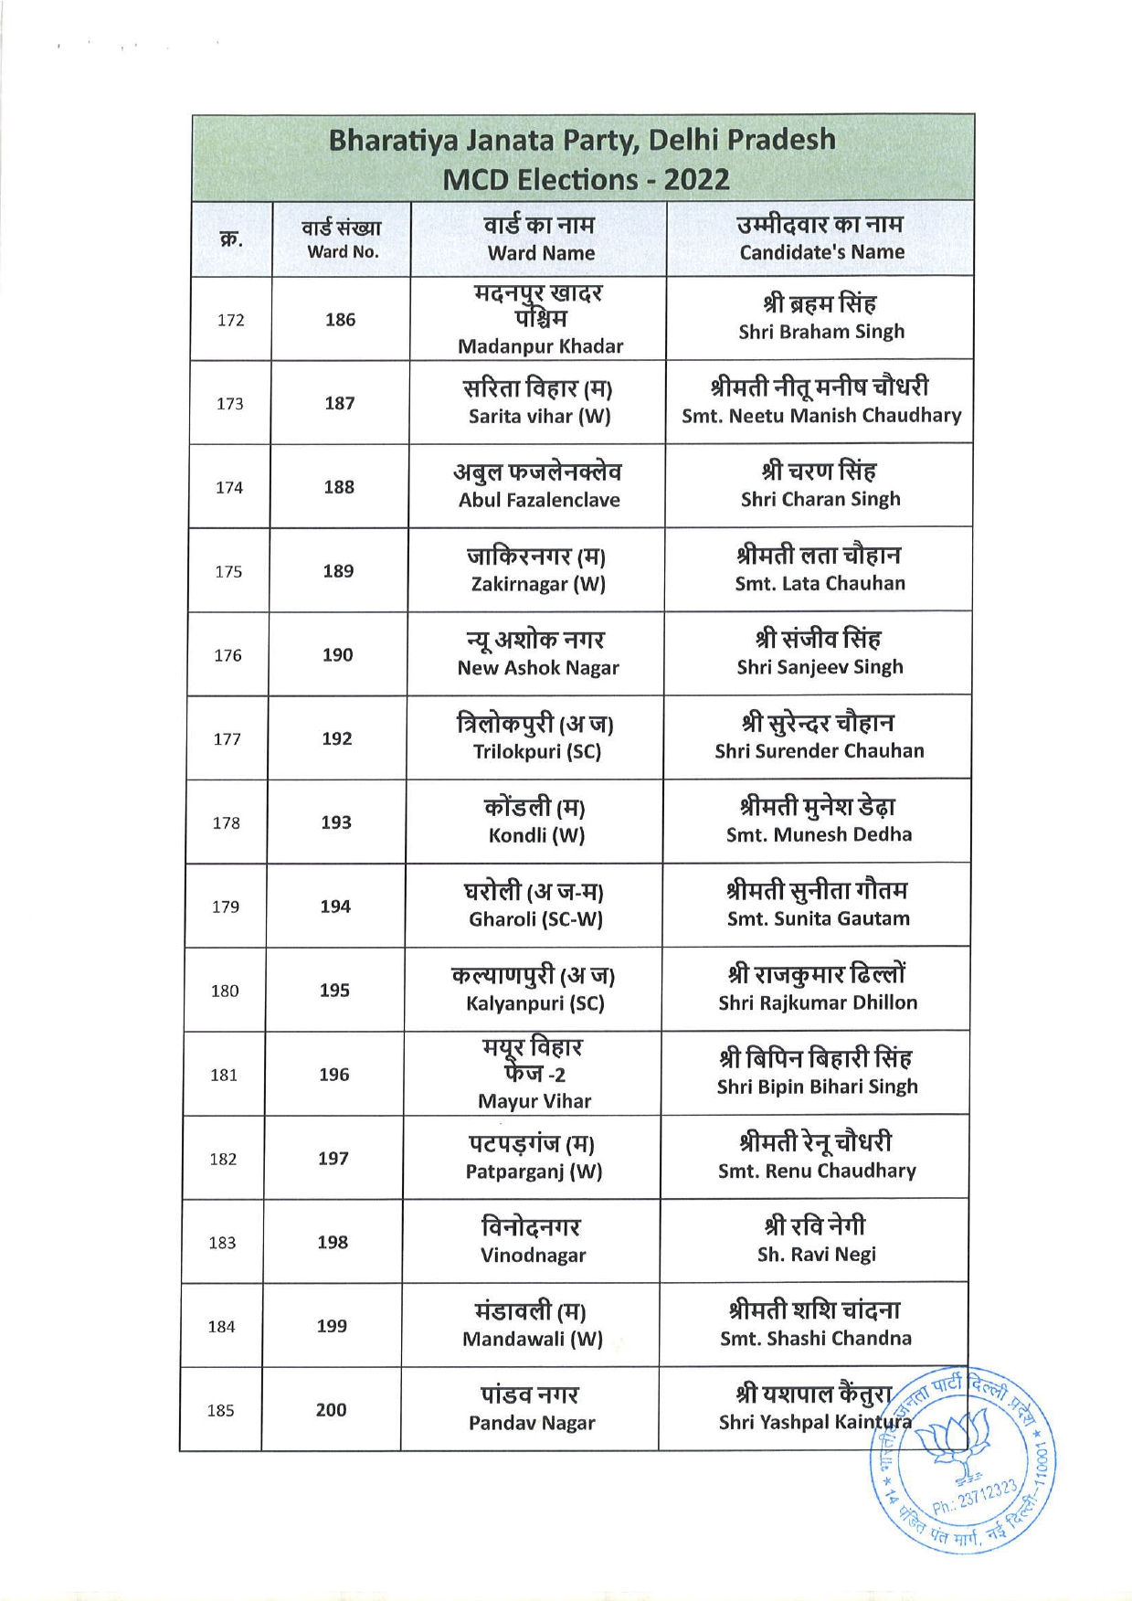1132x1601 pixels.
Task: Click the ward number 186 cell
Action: pos(340,320)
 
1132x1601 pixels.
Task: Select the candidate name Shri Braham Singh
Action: pos(820,332)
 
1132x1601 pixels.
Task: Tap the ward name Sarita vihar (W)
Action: pos(539,417)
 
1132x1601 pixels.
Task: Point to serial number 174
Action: pos(229,488)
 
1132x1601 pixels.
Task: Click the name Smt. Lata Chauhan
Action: pos(820,583)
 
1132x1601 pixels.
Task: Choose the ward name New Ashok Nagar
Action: pos(538,668)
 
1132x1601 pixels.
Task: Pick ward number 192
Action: pos(336,738)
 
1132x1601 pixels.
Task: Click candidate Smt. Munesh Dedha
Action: pos(819,834)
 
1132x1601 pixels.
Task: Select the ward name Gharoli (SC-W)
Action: pos(535,919)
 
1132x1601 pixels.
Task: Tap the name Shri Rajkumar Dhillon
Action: pos(818,1002)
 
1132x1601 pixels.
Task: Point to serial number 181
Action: pos(224,1076)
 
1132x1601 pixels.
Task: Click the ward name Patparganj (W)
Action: pos(534,1172)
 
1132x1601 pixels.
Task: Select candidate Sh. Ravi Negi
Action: pos(816,1255)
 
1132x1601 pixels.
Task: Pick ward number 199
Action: pos(332,1326)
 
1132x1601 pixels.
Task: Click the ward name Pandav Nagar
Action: pos(532,1423)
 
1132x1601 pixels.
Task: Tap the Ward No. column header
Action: pos(342,239)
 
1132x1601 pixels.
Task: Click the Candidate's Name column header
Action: pos(821,239)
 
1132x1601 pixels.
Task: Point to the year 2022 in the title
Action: pos(697,180)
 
